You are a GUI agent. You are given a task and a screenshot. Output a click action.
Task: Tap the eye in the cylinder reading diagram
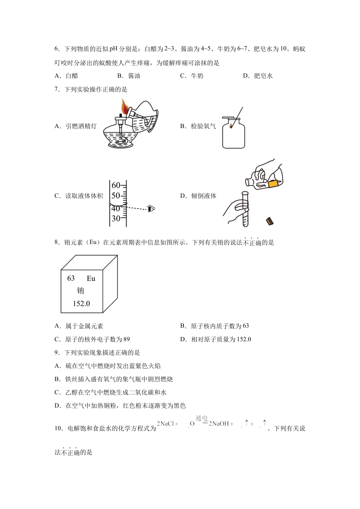[x=152, y=209]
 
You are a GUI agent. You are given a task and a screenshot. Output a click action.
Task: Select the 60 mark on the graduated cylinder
[x=116, y=185]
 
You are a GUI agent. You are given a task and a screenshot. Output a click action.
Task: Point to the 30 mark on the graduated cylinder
[x=116, y=219]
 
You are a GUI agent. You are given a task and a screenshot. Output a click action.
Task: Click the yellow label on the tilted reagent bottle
[x=274, y=184]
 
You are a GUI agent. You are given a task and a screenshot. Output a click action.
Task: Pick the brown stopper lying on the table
[x=270, y=221]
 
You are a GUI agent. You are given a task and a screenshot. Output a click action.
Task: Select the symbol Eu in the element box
[x=91, y=279]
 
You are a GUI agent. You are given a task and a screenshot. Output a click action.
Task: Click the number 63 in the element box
[x=71, y=278]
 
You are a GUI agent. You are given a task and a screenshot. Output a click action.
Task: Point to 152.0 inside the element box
[x=81, y=304]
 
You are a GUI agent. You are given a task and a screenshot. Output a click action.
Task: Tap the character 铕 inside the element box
[x=80, y=291]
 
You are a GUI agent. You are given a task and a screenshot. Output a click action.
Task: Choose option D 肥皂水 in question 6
[x=258, y=76]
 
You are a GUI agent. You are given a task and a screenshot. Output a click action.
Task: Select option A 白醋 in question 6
[x=67, y=76]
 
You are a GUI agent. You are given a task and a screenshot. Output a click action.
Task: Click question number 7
[x=57, y=89]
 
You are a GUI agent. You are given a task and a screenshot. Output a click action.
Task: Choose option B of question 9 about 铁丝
[x=114, y=379]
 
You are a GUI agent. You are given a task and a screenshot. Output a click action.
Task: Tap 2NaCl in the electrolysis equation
[x=166, y=424]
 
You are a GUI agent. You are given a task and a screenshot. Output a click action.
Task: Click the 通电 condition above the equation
[x=202, y=418]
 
